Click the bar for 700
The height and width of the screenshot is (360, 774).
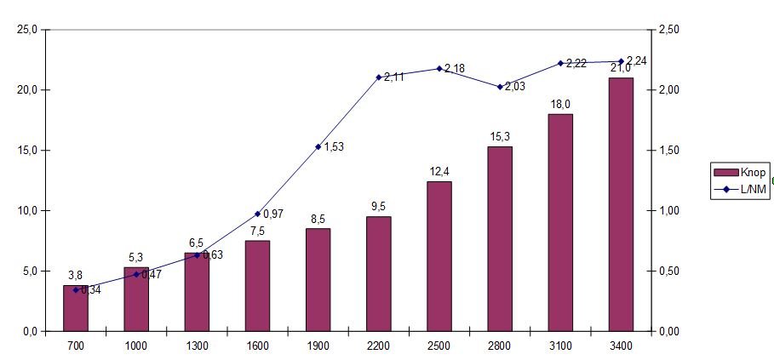coord(76,308)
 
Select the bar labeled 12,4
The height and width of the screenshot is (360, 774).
coord(439,256)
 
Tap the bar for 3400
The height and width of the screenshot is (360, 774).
coord(621,204)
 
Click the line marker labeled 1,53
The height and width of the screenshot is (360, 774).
coord(318,146)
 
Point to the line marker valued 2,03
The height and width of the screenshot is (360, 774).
coord(500,87)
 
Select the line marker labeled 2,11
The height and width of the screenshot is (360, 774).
coord(378,77)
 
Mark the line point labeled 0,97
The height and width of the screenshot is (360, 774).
coord(257,214)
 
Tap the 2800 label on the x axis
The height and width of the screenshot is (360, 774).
coord(500,345)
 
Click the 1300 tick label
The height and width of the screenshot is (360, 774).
coord(197,345)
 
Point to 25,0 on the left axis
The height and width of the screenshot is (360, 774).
coord(27,30)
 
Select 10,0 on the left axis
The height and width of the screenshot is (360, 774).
coord(27,211)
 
